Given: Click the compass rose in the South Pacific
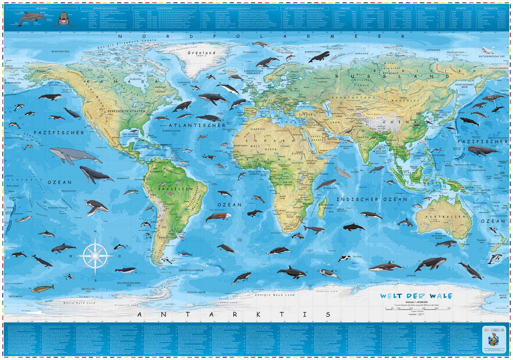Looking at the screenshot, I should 95,256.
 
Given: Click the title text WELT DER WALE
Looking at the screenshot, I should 416,296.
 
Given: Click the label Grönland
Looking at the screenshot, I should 201,53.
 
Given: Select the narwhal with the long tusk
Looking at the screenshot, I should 261,44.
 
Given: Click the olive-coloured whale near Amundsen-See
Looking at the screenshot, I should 43,289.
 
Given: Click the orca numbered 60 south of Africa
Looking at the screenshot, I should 291,272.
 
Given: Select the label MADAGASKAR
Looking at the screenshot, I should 326,205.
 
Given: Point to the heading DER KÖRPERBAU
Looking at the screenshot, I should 42,8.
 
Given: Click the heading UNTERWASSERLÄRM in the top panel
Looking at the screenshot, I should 164,8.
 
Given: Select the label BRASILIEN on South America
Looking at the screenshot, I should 175,189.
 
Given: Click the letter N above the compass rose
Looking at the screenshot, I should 95,231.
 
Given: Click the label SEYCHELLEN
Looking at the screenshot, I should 330,188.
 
